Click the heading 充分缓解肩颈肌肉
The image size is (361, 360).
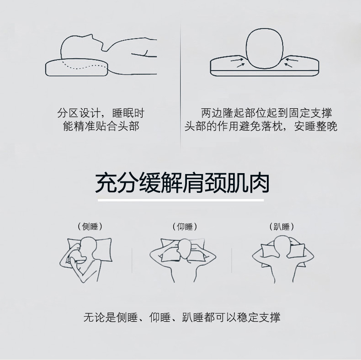pyautogui.click(x=182, y=183)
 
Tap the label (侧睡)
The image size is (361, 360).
pyautogui.click(x=90, y=227)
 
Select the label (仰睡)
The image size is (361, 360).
pyautogui.click(x=185, y=227)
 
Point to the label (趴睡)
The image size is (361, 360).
pyautogui.click(x=282, y=227)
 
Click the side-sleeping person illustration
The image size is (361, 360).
pyautogui.click(x=85, y=259)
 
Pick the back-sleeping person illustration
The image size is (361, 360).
pyautogui.click(x=183, y=260)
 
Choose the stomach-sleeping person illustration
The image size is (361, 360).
pyautogui.click(x=283, y=259)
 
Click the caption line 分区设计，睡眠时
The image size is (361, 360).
pyautogui.click(x=101, y=113)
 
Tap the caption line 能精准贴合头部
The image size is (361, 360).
pyautogui.click(x=101, y=127)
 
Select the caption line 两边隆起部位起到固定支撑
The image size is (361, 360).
pyautogui.click(x=266, y=113)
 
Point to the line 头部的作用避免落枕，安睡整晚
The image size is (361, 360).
pyautogui.click(x=261, y=127)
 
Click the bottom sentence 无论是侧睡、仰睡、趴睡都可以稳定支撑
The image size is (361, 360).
pyautogui.click(x=182, y=318)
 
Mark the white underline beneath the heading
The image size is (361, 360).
pyautogui.click(x=181, y=200)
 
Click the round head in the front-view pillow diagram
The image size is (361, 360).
pyautogui.click(x=265, y=48)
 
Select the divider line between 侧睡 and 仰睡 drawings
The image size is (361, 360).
pyautogui.click(x=132, y=260)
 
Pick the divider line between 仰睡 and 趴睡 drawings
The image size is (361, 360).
pyautogui.click(x=231, y=260)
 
